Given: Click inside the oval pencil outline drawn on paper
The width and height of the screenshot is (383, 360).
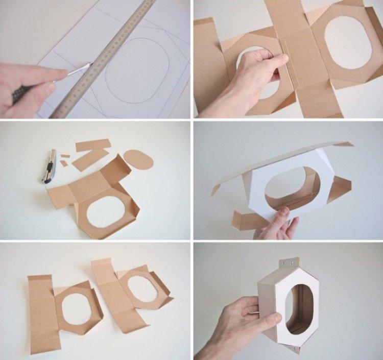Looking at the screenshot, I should coord(136,69).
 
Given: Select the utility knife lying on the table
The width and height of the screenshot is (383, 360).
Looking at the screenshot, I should coord(50,166).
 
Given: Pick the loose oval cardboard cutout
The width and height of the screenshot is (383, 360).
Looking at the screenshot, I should coord(138,159).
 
